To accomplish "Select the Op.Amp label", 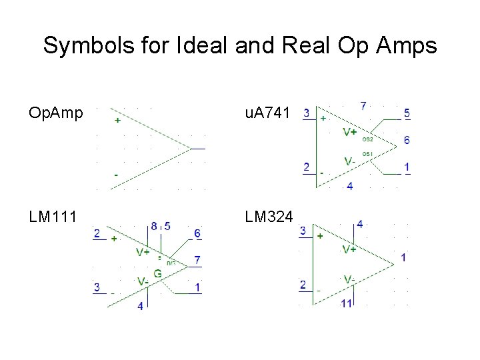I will pos(56,113).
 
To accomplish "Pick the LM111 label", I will pos(53,217).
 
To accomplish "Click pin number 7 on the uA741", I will pos(363,105).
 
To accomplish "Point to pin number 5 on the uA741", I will pos(407,113).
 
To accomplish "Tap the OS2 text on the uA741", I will pos(367,140).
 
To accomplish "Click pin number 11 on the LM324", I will pos(346,304).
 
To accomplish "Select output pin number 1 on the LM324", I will pos(404,257).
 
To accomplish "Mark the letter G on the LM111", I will pos(158,273).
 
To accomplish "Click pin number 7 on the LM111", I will pos(197,259).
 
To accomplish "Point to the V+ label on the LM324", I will pos(349,249).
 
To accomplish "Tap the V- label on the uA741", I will pos(349,161).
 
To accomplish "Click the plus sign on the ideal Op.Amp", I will pos(118,121).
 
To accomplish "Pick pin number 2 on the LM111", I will pos(97,233).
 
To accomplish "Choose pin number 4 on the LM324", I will pos(360,224).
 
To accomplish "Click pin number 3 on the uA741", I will pos(305,113).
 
